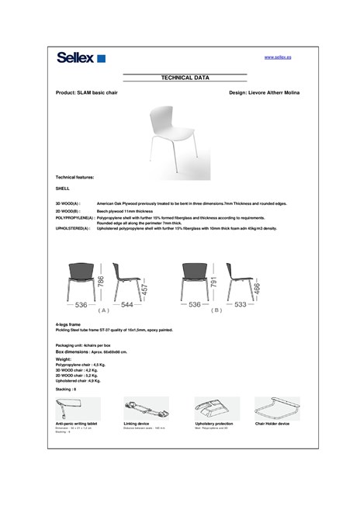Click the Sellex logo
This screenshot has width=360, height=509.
[81, 57]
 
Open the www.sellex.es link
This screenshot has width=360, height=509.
[278, 57]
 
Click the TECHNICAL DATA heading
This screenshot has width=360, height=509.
[185, 78]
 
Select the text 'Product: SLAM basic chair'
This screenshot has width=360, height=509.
[87, 92]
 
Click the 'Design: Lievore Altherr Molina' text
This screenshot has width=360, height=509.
[265, 92]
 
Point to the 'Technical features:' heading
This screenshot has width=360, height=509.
[74, 177]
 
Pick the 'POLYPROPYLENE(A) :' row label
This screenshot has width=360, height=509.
[75, 218]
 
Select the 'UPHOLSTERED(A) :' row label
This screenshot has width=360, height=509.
[74, 229]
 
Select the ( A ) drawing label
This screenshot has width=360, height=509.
[103, 310]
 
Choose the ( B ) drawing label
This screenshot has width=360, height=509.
[216, 310]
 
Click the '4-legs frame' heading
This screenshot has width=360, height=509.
[68, 324]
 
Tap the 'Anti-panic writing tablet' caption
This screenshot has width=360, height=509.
[76, 424]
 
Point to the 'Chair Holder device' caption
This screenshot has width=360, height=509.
[272, 424]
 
